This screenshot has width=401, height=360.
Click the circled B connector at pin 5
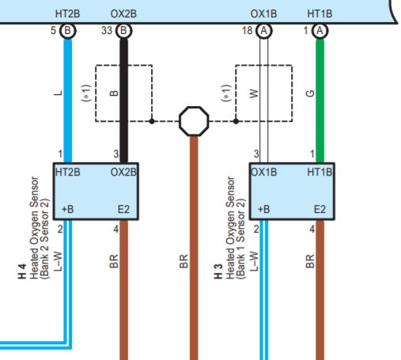pyautogui.click(x=68, y=31)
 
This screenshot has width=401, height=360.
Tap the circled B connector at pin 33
pyautogui.click(x=123, y=31)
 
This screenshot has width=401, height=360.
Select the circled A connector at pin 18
pyautogui.click(x=264, y=31)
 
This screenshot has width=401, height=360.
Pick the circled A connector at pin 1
pyautogui.click(x=320, y=31)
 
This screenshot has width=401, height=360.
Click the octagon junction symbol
pyautogui.click(x=194, y=121)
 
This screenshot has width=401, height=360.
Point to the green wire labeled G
pyautogui.click(x=320, y=100)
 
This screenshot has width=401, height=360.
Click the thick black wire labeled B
pyautogui.click(x=123, y=100)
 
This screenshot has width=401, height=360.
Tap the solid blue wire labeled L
pyautogui.click(x=68, y=100)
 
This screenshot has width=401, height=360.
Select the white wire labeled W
pyautogui.click(x=264, y=100)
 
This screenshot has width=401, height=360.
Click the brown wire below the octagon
pyautogui.click(x=194, y=248)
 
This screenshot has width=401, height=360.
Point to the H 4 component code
pyautogui.click(x=22, y=271)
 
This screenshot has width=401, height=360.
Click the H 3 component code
pyautogui.click(x=218, y=271)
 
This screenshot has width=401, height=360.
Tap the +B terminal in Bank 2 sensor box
pyautogui.click(x=67, y=209)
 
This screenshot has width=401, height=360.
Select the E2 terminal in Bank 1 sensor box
pyautogui.click(x=320, y=209)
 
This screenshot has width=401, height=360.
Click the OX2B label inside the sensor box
pyautogui.click(x=123, y=172)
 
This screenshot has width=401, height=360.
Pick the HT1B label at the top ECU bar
pyautogui.click(x=320, y=13)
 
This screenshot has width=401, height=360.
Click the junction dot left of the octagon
pyautogui.click(x=152, y=121)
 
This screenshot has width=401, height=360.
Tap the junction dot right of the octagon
pyautogui.click(x=236, y=121)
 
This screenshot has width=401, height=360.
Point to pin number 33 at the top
pyautogui.click(x=107, y=31)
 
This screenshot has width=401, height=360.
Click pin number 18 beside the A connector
pyautogui.click(x=248, y=31)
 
